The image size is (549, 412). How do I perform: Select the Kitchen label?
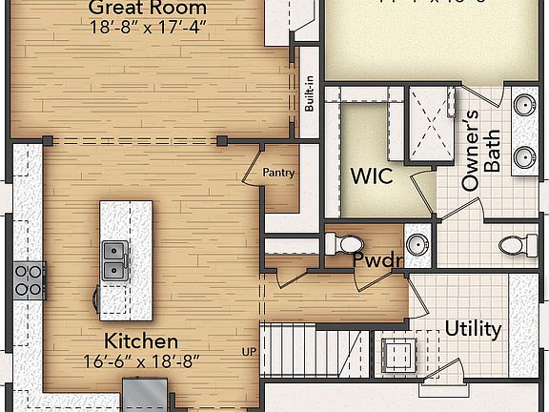pyautogui.click(x=140, y=340)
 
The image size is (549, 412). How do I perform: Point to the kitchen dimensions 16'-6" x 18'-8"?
pyautogui.click(x=140, y=361)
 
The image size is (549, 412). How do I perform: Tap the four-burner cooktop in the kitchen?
pyautogui.click(x=28, y=279)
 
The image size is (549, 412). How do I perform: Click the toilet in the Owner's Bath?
pyautogui.click(x=515, y=246)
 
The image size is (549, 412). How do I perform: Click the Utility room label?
pyautogui.click(x=473, y=329)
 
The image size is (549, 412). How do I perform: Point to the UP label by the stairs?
pyautogui.click(x=249, y=352)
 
